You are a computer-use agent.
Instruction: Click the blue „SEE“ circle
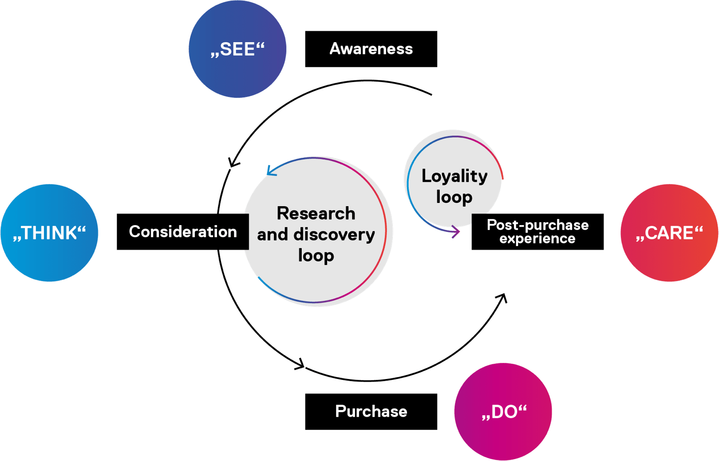pos(237,49)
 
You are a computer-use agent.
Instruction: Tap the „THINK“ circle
pos(49,233)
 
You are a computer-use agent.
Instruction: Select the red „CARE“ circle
pos(669,233)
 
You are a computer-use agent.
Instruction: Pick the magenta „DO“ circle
pos(503,411)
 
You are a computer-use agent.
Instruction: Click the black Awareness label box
pos(371,49)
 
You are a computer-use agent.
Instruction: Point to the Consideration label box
pos(182,231)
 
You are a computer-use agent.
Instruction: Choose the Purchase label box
pos(371,411)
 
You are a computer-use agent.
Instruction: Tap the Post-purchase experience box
pos(537,231)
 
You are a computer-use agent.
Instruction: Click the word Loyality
pos(454,176)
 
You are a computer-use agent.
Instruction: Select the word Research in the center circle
pos(316,213)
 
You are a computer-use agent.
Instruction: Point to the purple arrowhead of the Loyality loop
pos(455,231)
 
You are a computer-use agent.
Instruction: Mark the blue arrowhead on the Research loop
pos(270,171)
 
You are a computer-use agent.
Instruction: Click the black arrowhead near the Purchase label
pos(300,365)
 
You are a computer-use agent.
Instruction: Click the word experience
pos(537,238)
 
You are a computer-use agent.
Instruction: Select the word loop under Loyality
pos(454,197)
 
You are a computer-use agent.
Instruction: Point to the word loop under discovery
pos(316,256)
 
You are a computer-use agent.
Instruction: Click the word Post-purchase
pos(537,225)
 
